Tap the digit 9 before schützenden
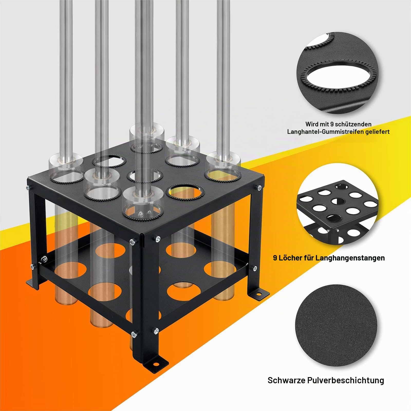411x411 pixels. click(332, 124)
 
